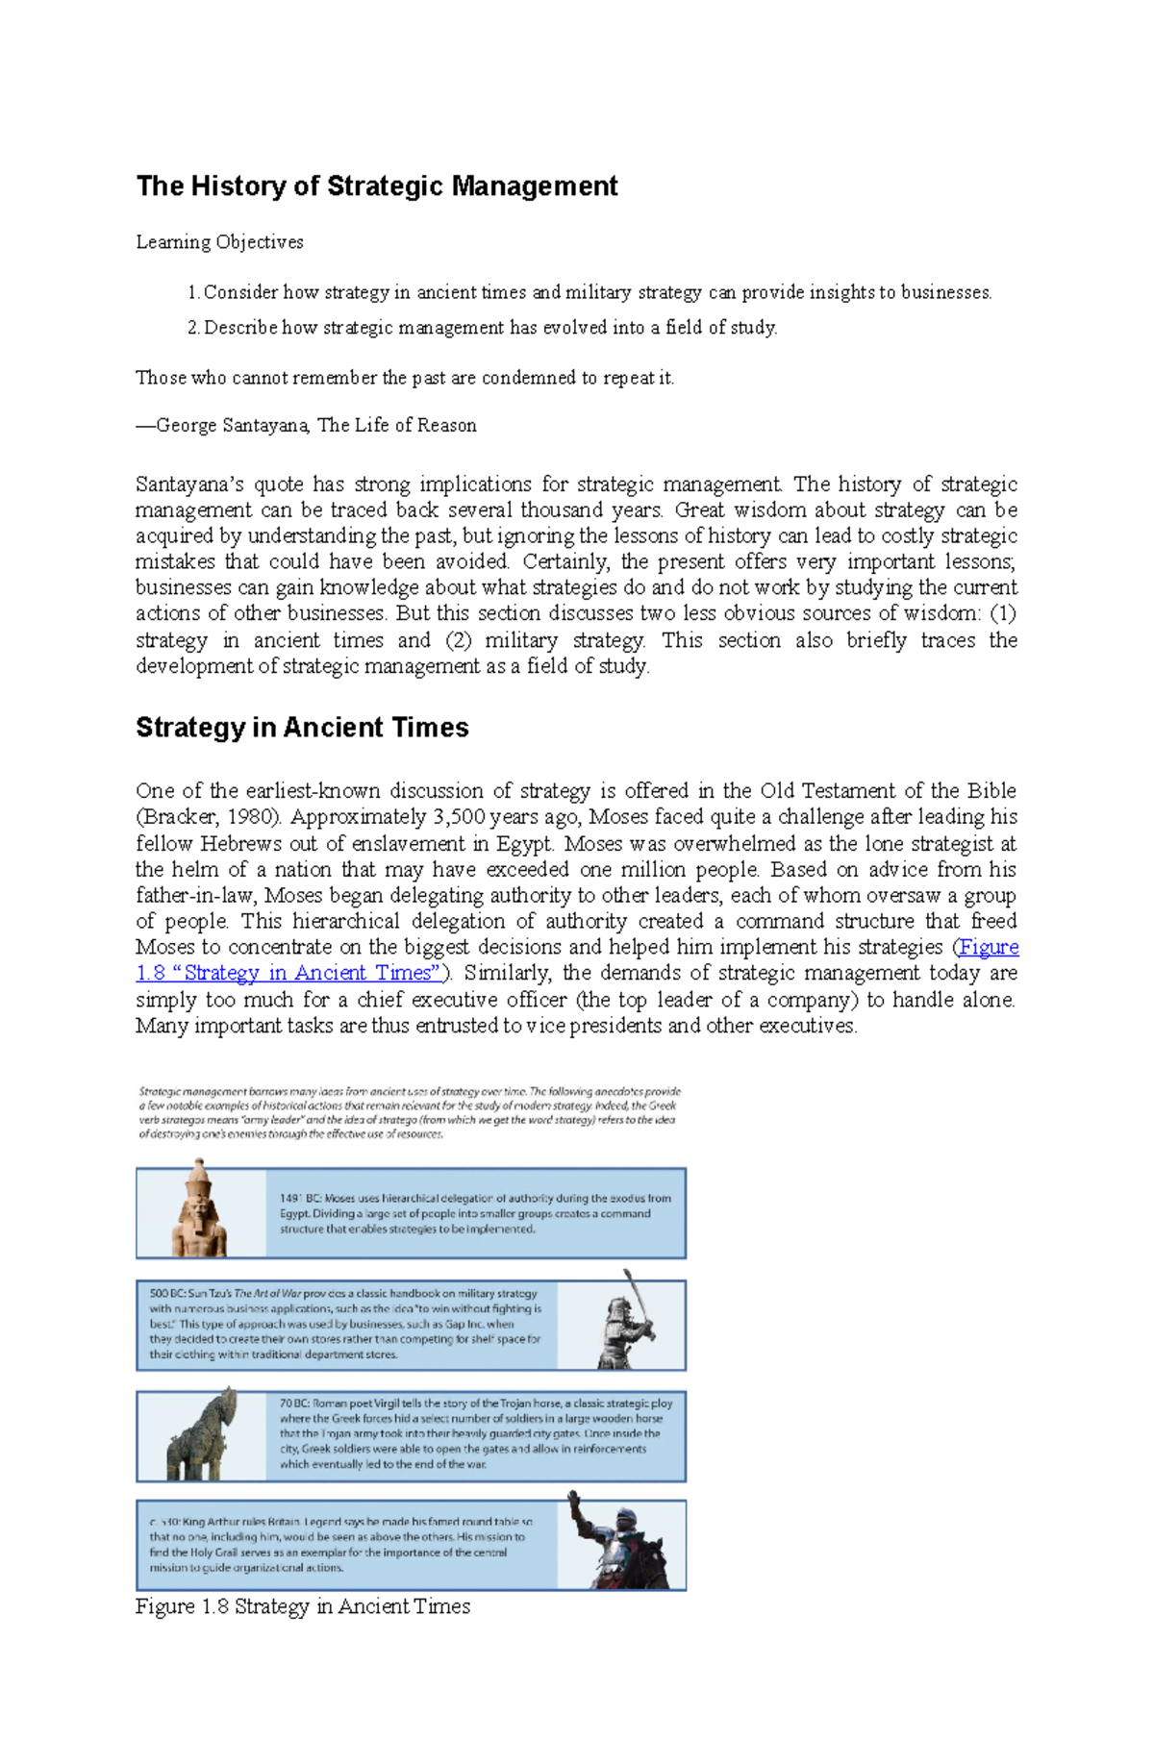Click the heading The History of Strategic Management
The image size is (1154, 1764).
click(x=376, y=186)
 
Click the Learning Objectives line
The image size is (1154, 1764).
click(x=219, y=242)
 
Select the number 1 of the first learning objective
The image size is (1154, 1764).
click(x=191, y=292)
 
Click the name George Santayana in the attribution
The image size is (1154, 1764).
click(x=232, y=425)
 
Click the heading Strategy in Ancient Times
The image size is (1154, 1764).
click(x=302, y=727)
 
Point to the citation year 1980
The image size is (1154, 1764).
click(x=254, y=817)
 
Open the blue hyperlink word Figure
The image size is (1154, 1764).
click(x=990, y=947)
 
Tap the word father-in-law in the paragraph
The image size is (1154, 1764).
click(x=196, y=895)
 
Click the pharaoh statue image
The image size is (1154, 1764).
click(x=200, y=1210)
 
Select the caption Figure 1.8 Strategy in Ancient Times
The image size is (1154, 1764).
click(x=302, y=1606)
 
